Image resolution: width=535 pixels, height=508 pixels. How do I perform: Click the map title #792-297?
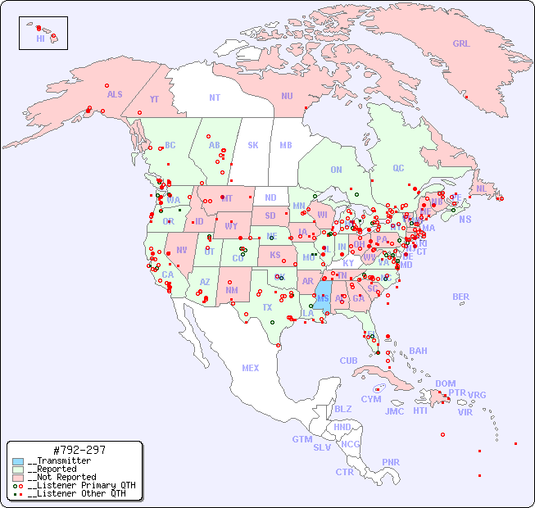point(78,450)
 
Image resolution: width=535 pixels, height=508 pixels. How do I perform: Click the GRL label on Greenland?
point(461,44)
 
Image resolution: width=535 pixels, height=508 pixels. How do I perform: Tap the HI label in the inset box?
point(40,39)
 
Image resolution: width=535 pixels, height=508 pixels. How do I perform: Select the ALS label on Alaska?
point(115,94)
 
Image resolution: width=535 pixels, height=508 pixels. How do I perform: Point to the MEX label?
point(251,368)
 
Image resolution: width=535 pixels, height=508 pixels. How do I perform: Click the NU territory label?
point(287,96)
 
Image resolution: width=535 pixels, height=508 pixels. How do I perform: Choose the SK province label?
point(253,145)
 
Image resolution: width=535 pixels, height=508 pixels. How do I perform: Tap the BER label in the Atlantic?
point(460,297)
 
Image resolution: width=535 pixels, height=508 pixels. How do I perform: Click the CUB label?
point(348,361)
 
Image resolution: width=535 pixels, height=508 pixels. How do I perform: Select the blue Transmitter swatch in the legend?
point(18,461)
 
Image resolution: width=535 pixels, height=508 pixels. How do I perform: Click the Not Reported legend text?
point(61,477)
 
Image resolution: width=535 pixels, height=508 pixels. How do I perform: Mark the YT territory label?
point(154,99)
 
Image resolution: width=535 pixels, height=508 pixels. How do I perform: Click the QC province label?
point(398,168)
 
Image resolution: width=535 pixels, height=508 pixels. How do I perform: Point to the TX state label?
point(266,307)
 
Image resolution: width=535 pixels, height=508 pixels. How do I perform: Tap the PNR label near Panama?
point(391,462)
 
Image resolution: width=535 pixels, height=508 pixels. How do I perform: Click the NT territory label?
point(214,97)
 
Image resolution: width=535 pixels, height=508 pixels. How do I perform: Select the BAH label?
point(418,351)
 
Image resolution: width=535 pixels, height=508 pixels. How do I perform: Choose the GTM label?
point(302,439)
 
